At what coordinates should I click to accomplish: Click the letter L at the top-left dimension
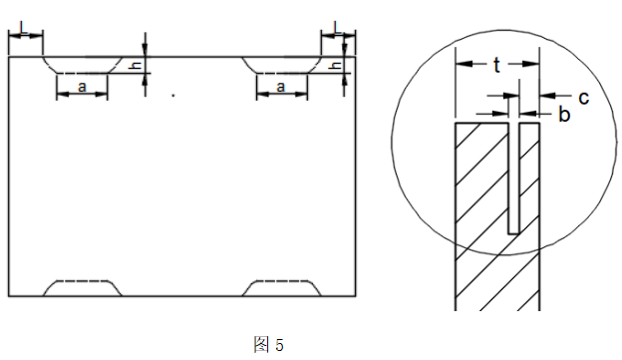[x=23, y=27]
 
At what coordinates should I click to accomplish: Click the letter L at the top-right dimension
[x=337, y=26]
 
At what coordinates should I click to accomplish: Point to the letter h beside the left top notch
[x=140, y=67]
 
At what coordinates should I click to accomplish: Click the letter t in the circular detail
[x=496, y=66]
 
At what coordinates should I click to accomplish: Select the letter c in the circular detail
[x=583, y=98]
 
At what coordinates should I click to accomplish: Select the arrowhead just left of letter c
[x=545, y=97]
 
